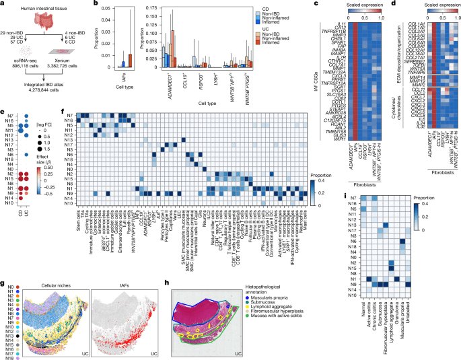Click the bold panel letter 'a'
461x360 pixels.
click(3, 4)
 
